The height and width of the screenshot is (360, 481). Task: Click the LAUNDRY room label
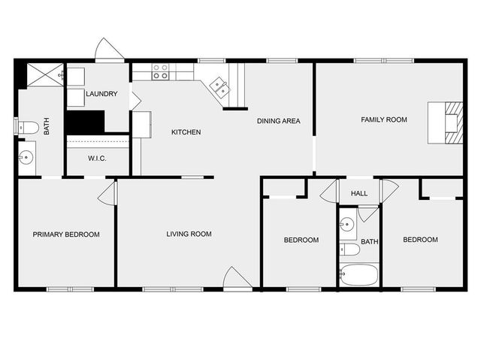[101, 94]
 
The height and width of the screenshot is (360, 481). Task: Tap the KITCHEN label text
[186, 132]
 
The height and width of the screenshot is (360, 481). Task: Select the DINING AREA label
[279, 121]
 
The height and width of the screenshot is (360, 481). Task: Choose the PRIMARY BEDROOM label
[66, 234]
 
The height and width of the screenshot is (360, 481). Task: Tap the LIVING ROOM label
[189, 234]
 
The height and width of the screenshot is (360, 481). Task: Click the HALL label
[359, 194]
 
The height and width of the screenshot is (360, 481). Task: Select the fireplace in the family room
[444, 122]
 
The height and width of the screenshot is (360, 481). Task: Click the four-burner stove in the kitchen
[160, 71]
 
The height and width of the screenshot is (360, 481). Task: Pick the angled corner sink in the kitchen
[219, 87]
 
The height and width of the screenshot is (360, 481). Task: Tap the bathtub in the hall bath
[359, 275]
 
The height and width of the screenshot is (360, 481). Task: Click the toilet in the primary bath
[26, 127]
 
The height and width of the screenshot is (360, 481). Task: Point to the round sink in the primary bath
[26, 158]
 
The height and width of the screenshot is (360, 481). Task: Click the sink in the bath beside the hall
[346, 225]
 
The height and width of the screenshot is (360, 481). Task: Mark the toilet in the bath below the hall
[349, 249]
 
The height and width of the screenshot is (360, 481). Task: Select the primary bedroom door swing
[109, 194]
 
